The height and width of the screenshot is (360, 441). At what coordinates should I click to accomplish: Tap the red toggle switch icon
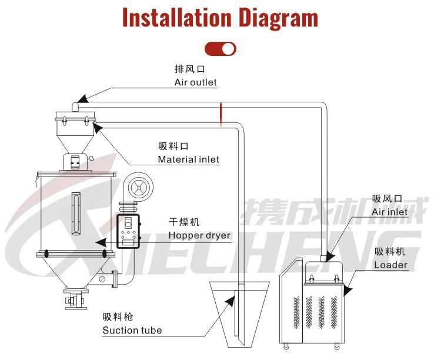coord(220,49)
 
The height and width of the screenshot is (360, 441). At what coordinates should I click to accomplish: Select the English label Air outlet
coord(195,83)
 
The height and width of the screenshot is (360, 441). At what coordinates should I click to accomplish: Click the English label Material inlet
coord(188,159)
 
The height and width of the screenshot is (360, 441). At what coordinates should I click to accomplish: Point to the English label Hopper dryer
coord(199,236)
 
